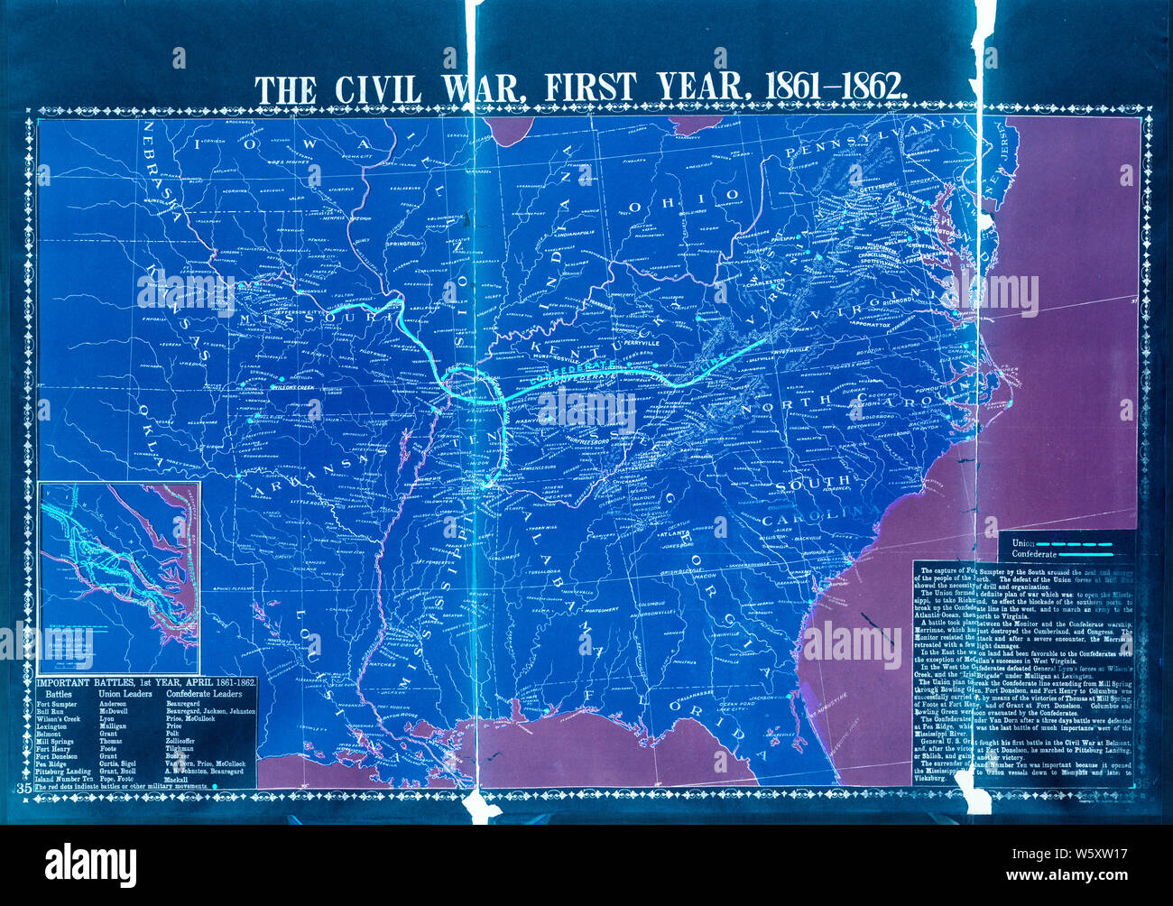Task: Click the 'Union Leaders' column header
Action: pos(125,694)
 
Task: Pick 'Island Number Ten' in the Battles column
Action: pos(63,778)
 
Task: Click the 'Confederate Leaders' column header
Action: pos(204,694)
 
